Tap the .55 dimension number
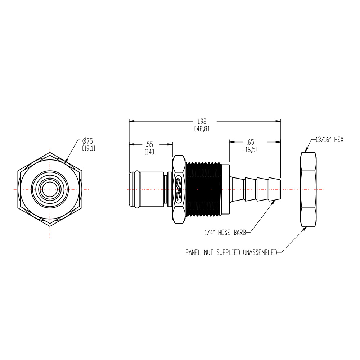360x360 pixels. point(149,144)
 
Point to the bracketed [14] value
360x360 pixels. point(149,152)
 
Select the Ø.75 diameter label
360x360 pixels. point(87,141)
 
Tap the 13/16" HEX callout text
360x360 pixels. point(329,140)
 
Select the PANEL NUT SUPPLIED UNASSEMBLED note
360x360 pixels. point(231,253)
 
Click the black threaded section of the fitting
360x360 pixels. point(203,189)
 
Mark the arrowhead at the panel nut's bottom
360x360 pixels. point(306,228)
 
